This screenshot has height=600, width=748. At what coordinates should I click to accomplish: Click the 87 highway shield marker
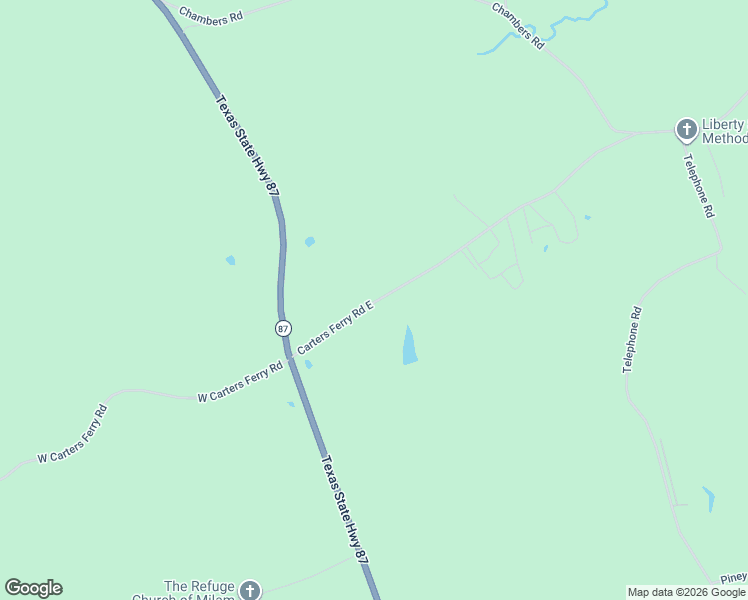point(283,328)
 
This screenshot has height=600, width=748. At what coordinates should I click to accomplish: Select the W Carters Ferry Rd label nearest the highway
point(240,384)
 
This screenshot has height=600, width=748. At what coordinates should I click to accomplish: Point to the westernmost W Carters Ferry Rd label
point(72,435)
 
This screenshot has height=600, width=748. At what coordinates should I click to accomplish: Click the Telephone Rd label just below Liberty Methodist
point(698,186)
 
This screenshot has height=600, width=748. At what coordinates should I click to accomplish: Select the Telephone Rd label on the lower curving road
point(632,340)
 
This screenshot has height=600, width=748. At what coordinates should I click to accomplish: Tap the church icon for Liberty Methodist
point(686,129)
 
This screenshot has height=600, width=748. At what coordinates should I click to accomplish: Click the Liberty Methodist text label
point(723,131)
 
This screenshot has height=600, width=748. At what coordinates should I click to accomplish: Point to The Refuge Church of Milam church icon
point(249,591)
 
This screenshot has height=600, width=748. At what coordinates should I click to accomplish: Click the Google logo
point(33,588)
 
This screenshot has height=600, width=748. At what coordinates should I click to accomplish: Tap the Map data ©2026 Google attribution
point(686,592)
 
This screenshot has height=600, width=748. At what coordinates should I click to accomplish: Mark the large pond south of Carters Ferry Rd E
point(409,345)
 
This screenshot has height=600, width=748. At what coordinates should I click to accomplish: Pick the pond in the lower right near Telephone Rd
point(709,498)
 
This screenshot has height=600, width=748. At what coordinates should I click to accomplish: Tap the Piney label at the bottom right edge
point(734,578)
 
